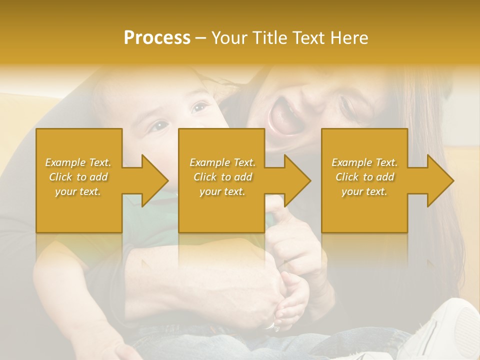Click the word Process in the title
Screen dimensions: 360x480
(157, 38)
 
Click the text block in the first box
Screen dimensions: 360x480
(78, 177)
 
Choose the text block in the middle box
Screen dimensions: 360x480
(222, 177)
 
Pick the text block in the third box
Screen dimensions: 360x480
(364, 177)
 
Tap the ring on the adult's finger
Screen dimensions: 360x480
(270, 326)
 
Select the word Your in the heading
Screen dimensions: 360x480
(228, 38)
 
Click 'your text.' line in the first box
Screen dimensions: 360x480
(78, 191)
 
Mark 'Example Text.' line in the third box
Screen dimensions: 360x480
(364, 162)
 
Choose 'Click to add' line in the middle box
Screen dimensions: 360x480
(222, 177)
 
